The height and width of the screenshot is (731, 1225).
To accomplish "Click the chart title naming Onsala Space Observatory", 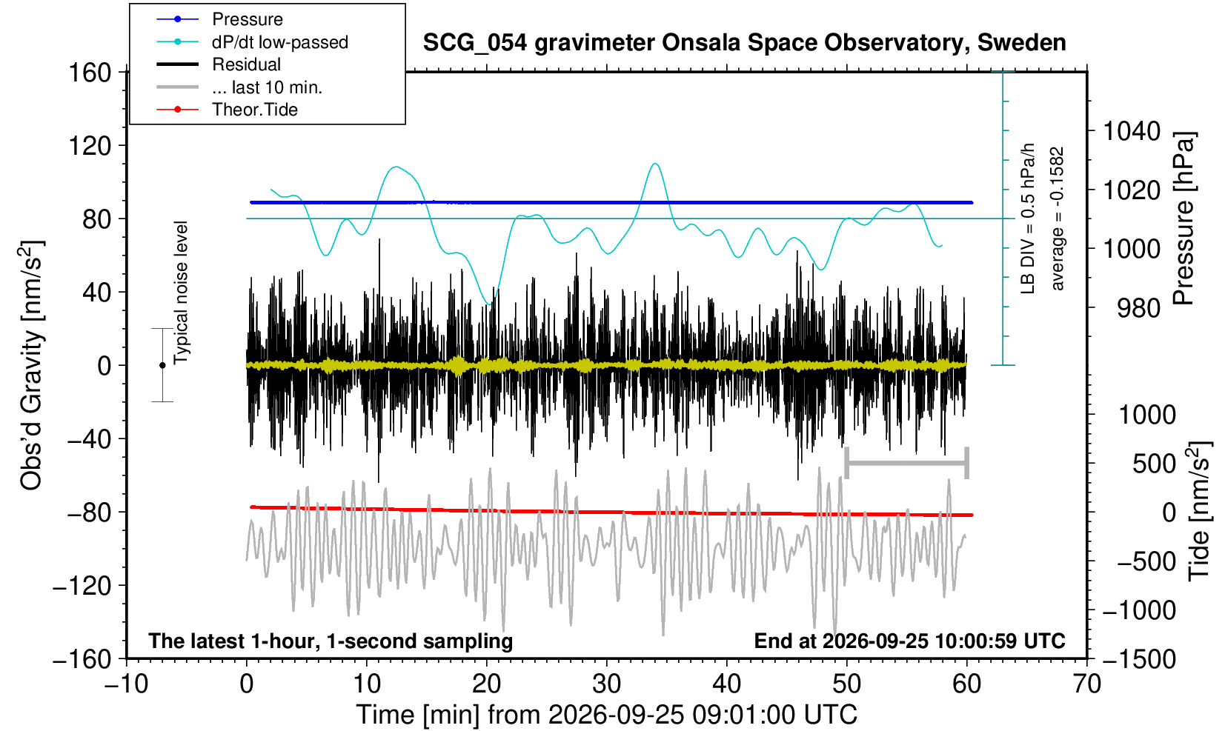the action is tap(744, 43).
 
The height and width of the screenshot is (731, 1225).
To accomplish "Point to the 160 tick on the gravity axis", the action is tap(90, 73).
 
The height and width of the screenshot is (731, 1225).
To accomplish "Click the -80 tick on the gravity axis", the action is tap(89, 513).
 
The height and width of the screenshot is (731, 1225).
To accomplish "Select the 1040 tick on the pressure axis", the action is tap(1132, 131).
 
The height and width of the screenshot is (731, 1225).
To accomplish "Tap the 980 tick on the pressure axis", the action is tap(1138, 308).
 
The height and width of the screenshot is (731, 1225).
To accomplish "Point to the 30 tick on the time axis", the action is tap(606, 684).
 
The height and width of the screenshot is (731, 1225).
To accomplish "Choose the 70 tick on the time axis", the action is tap(1086, 684).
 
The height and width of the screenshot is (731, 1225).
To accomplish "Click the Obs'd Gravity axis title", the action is tap(32, 365).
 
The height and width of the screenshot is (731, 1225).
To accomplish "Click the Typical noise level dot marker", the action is tap(162, 365).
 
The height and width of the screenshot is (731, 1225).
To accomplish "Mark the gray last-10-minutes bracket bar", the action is tap(907, 463).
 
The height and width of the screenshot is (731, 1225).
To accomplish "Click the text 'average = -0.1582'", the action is tap(1058, 218).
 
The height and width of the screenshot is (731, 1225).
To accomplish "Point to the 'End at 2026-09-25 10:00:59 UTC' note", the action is tap(909, 641).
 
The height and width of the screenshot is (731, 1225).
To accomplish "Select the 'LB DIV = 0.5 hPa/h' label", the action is tap(1028, 218).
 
